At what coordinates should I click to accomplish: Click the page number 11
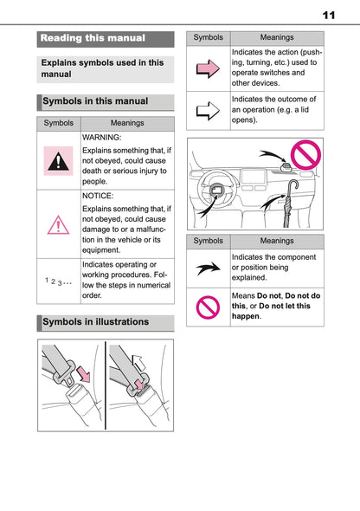click(328, 15)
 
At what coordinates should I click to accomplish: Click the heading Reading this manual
click(93, 38)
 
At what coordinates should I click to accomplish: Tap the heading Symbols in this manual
click(96, 101)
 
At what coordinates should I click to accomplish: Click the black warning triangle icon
click(60, 161)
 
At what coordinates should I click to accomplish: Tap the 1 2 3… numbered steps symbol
click(59, 281)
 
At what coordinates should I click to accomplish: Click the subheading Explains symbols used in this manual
click(102, 68)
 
